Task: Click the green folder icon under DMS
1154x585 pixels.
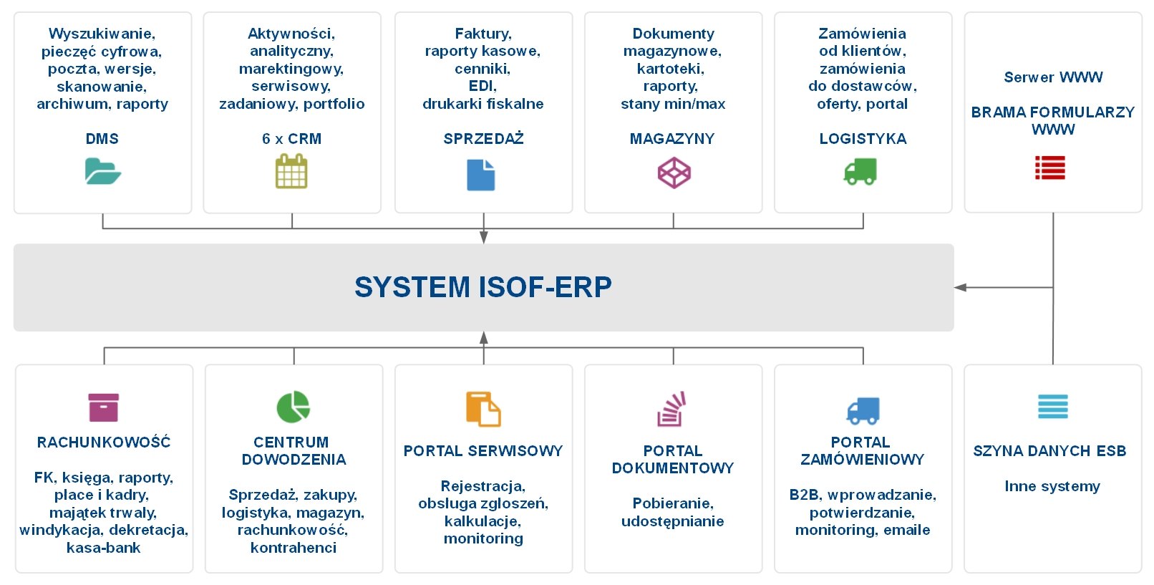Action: [x=102, y=172]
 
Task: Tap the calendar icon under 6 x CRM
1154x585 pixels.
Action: [x=291, y=172]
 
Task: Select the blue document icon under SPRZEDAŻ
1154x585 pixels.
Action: [x=481, y=175]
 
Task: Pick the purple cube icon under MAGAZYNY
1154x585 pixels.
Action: [x=674, y=173]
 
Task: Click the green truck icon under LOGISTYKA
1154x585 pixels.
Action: [x=860, y=172]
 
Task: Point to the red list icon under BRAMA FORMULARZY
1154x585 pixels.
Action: [x=1050, y=168]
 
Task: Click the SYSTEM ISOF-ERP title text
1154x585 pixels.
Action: [x=483, y=287]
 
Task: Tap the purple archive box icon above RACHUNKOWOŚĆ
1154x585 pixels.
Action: [x=104, y=407]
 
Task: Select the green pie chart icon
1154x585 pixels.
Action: [x=293, y=407]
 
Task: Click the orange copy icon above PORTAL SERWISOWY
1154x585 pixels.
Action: [x=483, y=409]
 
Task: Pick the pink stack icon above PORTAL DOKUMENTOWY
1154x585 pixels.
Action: [x=672, y=409]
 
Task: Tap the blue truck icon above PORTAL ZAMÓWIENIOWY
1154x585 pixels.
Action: [x=863, y=410]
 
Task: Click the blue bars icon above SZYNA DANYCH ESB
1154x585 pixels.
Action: [x=1053, y=406]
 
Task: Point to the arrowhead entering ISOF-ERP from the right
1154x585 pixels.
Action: [x=960, y=287]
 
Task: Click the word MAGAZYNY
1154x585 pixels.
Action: [x=672, y=139]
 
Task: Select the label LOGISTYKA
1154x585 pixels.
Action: [x=863, y=139]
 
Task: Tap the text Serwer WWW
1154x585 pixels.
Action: [x=1053, y=77]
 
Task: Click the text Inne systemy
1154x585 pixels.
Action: [x=1052, y=486]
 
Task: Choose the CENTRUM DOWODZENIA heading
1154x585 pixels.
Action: [x=294, y=450]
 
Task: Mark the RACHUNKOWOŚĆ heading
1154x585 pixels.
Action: [x=104, y=443]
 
